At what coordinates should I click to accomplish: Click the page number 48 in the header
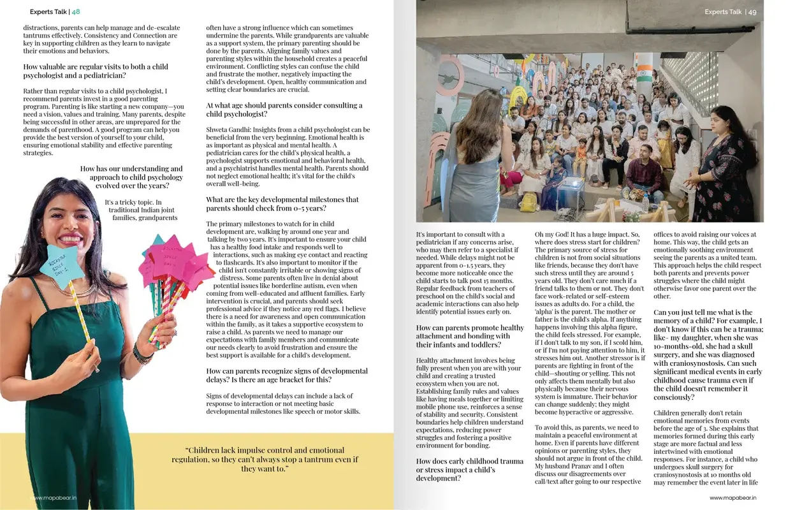(76, 11)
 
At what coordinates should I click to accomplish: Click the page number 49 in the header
(752, 11)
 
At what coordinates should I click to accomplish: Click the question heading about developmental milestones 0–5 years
(282, 204)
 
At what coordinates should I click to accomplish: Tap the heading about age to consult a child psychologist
(284, 110)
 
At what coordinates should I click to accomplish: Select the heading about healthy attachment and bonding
(471, 336)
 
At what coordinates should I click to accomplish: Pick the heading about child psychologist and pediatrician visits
(96, 71)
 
